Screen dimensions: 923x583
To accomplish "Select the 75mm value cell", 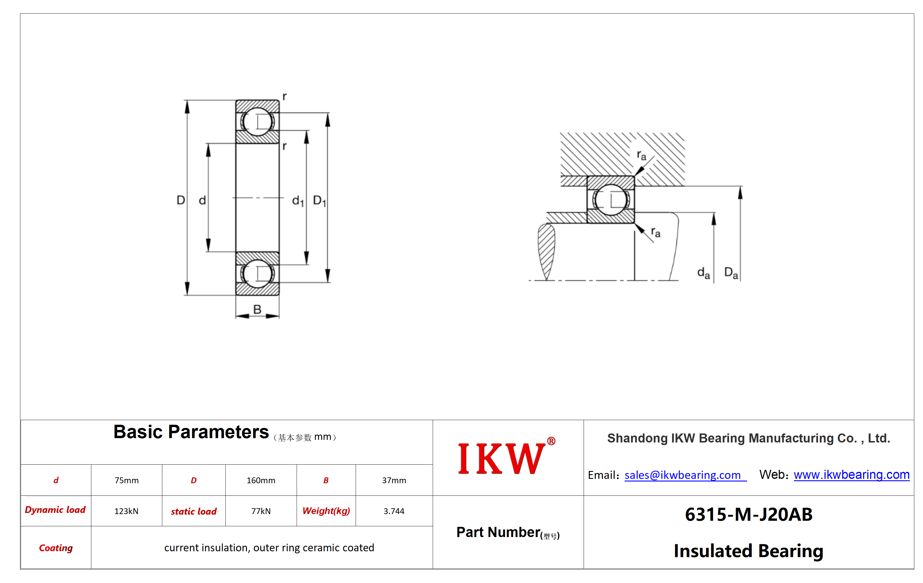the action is [x=126, y=480].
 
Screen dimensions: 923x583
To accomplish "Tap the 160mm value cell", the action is [x=261, y=480].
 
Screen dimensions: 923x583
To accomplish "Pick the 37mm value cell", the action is [x=394, y=480].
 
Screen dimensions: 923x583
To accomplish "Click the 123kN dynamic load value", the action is [x=126, y=511].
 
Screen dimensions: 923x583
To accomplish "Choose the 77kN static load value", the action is [x=261, y=511].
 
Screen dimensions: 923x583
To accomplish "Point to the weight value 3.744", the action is [x=394, y=511].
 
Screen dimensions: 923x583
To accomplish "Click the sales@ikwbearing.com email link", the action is [x=685, y=475].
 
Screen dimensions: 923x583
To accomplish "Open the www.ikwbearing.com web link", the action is [x=851, y=475].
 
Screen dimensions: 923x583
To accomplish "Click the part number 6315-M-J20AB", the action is [x=749, y=514].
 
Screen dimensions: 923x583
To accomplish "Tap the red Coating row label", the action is [x=56, y=548].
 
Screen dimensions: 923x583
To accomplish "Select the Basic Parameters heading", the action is [x=191, y=432].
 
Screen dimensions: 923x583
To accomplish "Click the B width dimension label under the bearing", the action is [x=257, y=309].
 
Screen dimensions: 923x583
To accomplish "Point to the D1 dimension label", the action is [x=319, y=201].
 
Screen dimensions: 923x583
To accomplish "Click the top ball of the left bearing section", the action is [x=257, y=122].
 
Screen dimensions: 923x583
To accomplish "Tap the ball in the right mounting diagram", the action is [x=611, y=200].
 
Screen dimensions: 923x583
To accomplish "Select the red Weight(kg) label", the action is [x=326, y=511].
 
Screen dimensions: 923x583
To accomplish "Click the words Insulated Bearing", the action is [x=749, y=551].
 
